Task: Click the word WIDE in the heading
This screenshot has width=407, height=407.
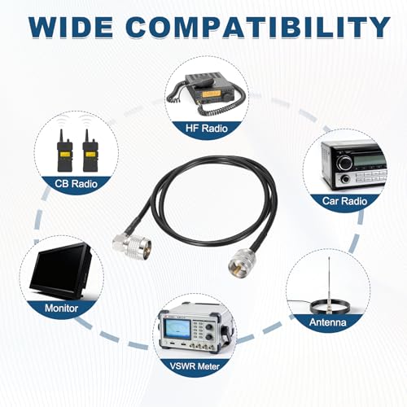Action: pyautogui.click(x=71, y=27)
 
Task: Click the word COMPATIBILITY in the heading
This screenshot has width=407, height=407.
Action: pyautogui.click(x=258, y=27)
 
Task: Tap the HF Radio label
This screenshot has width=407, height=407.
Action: pyautogui.click(x=207, y=128)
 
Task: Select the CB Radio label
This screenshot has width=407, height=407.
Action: pyautogui.click(x=76, y=184)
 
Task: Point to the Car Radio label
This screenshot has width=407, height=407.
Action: pyautogui.click(x=344, y=201)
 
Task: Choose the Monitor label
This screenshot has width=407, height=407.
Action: pyautogui.click(x=61, y=309)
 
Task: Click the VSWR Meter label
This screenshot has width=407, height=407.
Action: pyautogui.click(x=195, y=366)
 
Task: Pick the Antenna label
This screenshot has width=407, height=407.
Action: pyautogui.click(x=328, y=322)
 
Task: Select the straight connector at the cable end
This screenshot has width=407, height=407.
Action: pyautogui.click(x=239, y=261)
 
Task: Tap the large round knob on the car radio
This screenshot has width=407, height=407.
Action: pyautogui.click(x=344, y=164)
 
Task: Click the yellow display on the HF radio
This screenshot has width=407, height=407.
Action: pyautogui.click(x=211, y=94)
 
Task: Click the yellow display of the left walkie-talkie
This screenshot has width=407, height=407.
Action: pyautogui.click(x=64, y=155)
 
